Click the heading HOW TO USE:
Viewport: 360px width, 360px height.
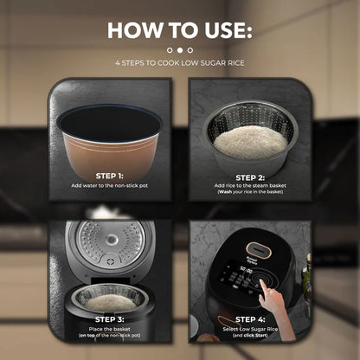click(180, 31)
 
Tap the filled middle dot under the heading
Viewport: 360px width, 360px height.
click(180, 51)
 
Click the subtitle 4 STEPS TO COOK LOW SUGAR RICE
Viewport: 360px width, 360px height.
click(180, 64)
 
